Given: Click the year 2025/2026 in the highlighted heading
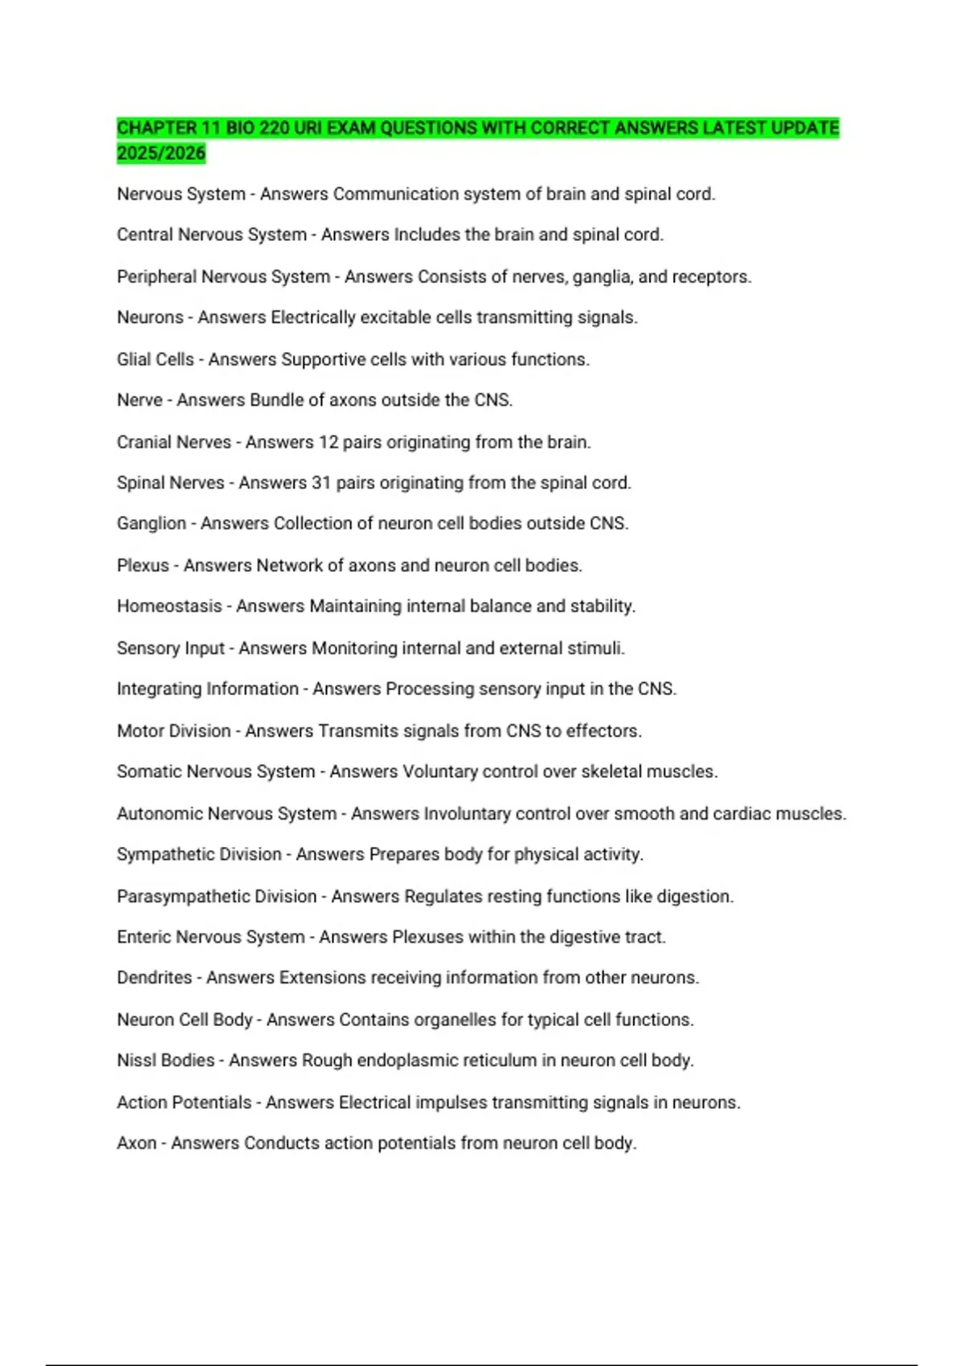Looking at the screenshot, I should pyautogui.click(x=161, y=153).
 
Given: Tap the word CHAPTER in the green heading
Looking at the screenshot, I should pyautogui.click(x=157, y=128).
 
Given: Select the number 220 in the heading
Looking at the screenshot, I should pyautogui.click(x=274, y=128).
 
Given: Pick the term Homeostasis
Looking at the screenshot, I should pyautogui.click(x=169, y=606).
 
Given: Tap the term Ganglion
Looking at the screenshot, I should pyautogui.click(x=151, y=524).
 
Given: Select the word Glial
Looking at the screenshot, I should pyautogui.click(x=133, y=359).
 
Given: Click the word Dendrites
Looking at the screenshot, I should pyautogui.click(x=154, y=978).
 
